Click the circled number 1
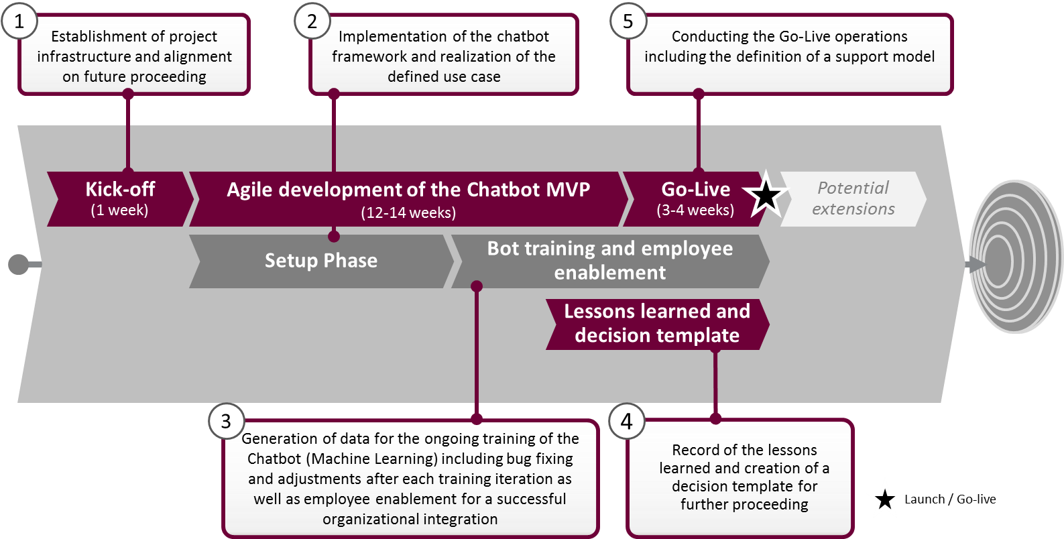[19, 21]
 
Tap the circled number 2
[312, 21]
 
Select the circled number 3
[226, 421]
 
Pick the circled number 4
[626, 421]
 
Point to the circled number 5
[628, 21]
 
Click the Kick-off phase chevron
[120, 199]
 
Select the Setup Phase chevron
[320, 261]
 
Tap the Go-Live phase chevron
[695, 199]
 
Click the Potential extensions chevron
[853, 198]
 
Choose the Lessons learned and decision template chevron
[657, 324]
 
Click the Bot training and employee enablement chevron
[609, 261]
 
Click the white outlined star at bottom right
[884, 499]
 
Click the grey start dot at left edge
[18, 264]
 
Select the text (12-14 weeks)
[408, 213]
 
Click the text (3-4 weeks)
[695, 211]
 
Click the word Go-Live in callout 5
[802, 36]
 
